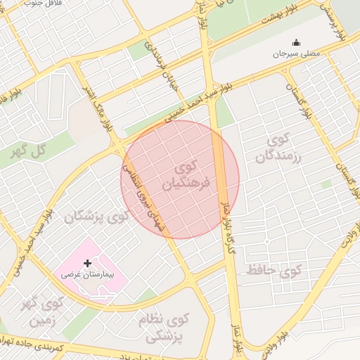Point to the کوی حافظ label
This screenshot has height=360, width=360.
click(274, 269)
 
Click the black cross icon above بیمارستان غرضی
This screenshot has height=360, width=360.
click(87, 263)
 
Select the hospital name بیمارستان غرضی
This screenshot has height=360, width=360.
click(91, 275)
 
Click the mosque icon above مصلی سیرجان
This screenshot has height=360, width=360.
click(296, 42)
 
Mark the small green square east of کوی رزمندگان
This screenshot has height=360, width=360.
click(326, 184)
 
